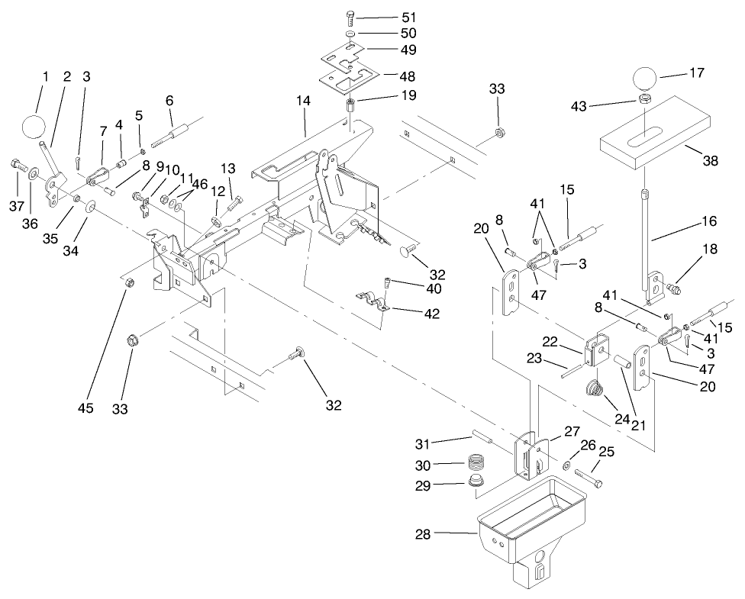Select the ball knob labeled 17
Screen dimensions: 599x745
[644, 79]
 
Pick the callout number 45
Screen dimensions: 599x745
[85, 408]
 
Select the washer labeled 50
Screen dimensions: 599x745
[349, 35]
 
